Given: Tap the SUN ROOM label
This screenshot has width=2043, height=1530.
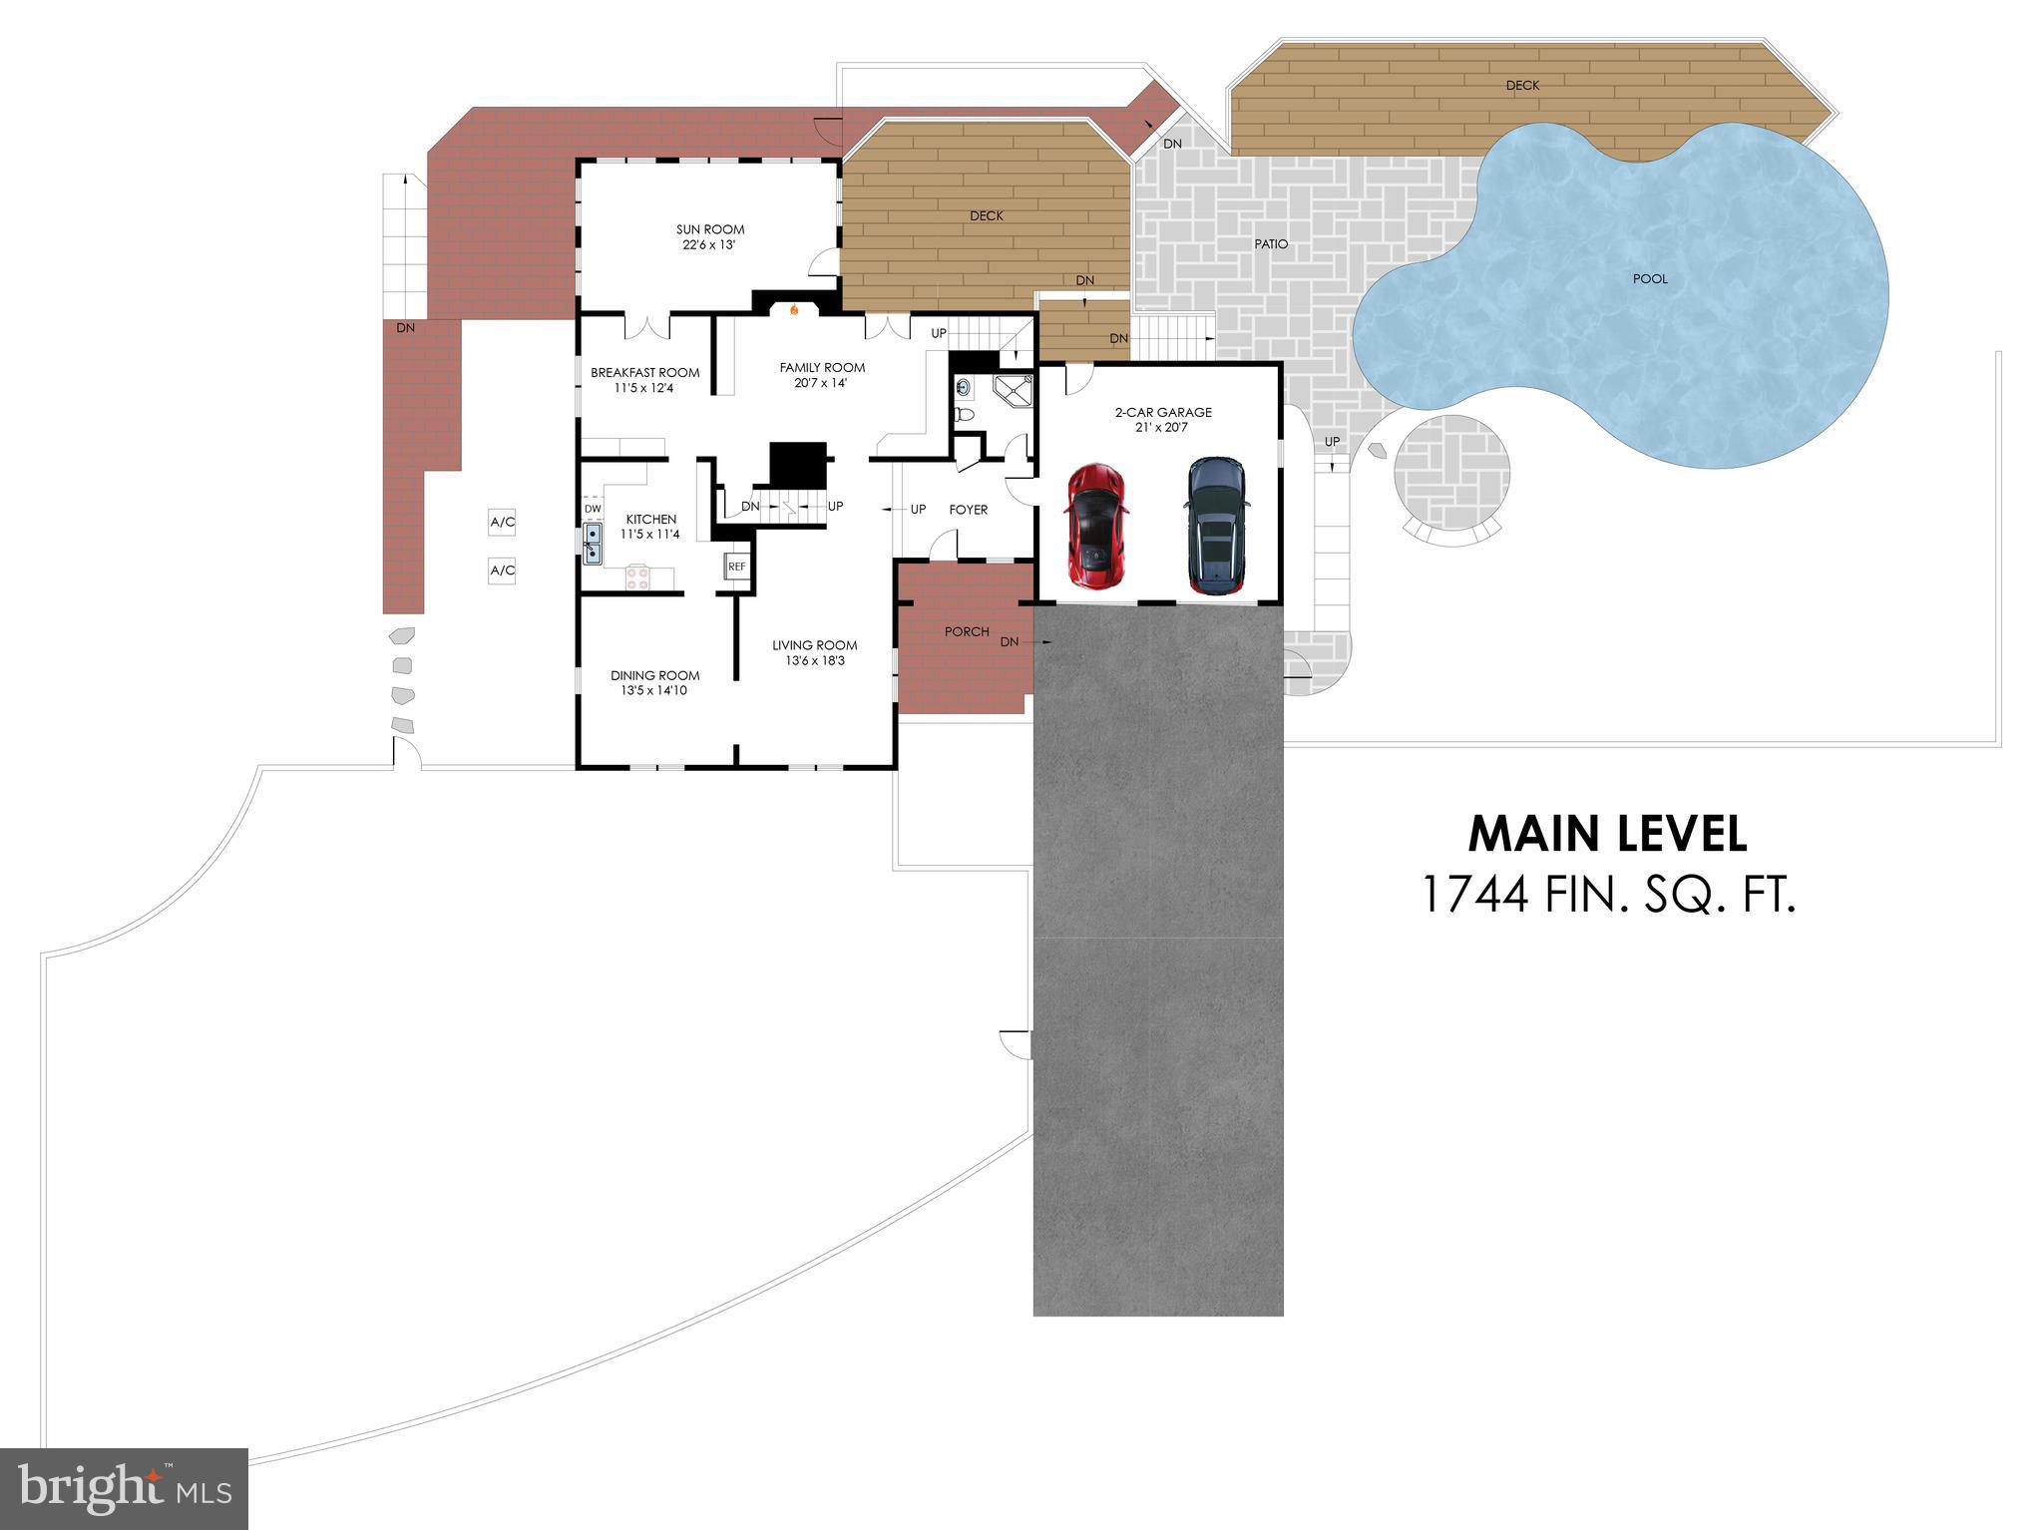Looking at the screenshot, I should point(710,229).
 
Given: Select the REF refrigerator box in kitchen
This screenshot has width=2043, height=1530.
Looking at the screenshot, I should point(736,566).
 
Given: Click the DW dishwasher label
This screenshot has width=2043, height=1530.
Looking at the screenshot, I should point(593,509).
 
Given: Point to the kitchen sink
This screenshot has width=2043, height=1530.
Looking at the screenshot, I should point(593,544).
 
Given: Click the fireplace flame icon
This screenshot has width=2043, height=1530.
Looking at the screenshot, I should point(794,309).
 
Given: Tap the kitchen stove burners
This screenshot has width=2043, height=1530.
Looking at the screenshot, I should point(637,576).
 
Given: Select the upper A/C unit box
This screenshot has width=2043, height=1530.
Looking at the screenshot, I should point(502,522).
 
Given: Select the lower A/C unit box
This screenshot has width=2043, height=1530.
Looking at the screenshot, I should point(502,571).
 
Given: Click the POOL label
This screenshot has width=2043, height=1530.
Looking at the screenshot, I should point(1650,278).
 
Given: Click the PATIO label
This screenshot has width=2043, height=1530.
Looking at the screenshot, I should point(1271,243).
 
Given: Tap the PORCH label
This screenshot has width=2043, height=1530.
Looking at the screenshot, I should point(967,631).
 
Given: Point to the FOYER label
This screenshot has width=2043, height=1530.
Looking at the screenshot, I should point(968,510).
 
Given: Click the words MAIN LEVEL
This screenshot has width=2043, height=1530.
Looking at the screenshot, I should point(1607,834).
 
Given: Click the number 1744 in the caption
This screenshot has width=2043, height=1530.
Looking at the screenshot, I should point(1474,894).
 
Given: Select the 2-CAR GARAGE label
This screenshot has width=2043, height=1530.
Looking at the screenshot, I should point(1163,412).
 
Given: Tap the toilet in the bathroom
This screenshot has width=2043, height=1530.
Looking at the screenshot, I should point(964,413).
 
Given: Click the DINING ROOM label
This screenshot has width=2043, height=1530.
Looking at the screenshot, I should point(654,675).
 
